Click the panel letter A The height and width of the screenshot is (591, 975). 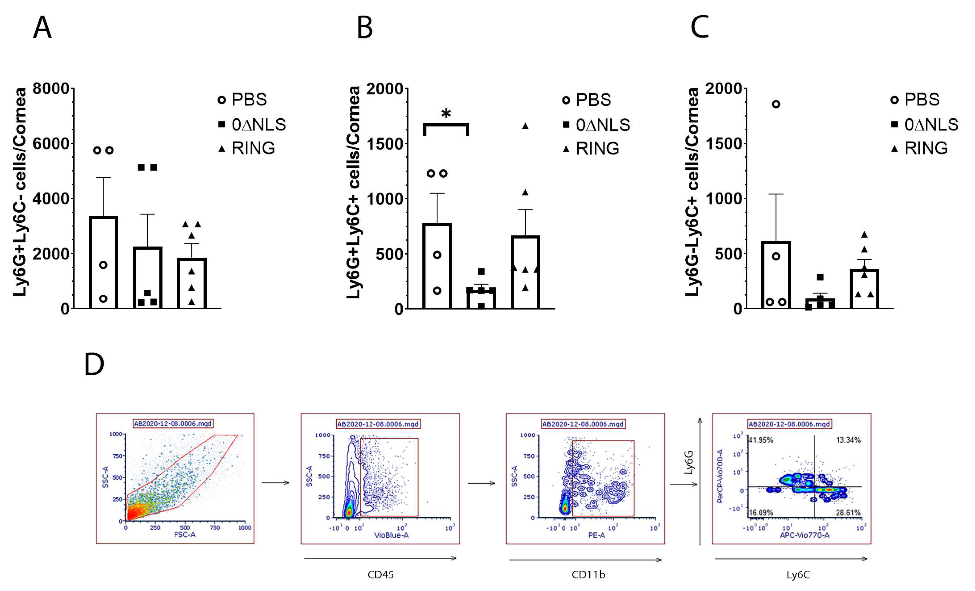[42, 28]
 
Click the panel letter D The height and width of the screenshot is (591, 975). [94, 365]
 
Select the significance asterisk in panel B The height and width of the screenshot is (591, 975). [446, 114]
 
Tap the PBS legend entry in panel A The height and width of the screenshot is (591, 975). [242, 100]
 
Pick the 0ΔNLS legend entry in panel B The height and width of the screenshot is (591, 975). [596, 125]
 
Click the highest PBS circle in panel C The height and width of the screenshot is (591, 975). [776, 104]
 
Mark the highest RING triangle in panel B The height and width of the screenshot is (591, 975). [525, 126]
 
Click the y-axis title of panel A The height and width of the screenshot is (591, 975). [20, 192]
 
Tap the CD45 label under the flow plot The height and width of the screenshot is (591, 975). [380, 574]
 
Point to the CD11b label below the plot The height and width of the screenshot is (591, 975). [588, 574]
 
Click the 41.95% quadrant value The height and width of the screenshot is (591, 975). [760, 440]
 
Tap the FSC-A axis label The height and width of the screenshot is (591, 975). [184, 535]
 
